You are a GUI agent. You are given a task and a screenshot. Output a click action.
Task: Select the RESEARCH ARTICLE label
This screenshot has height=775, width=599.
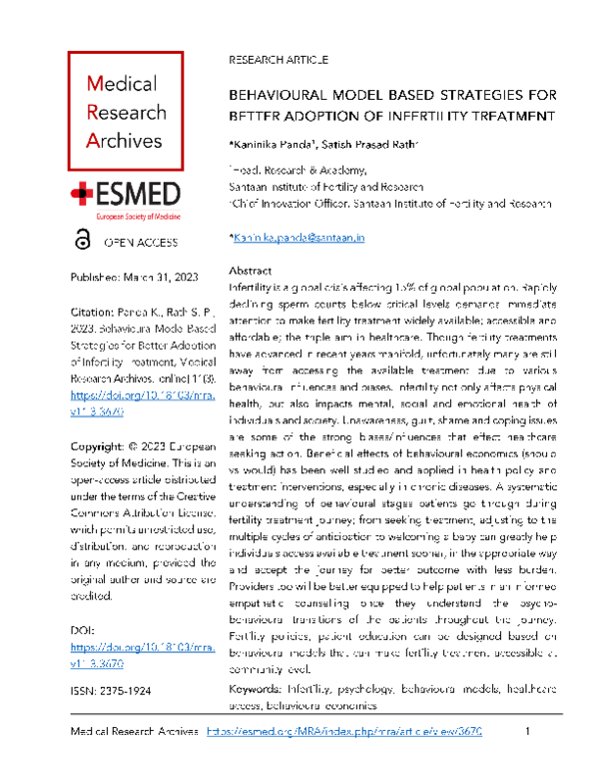(279, 60)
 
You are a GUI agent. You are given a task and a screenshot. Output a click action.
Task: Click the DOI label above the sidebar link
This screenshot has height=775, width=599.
(80, 631)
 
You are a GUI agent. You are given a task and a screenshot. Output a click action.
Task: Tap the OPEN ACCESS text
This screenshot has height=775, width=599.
(142, 242)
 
